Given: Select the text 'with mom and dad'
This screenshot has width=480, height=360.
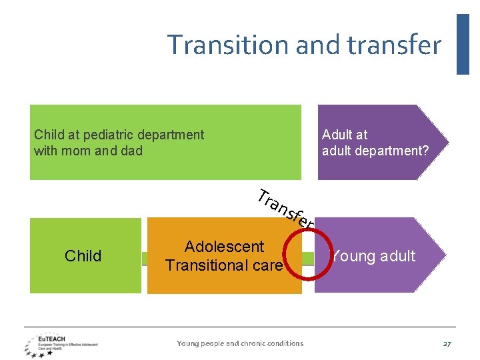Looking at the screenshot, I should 88,151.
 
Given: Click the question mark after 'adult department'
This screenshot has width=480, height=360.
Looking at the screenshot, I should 425,151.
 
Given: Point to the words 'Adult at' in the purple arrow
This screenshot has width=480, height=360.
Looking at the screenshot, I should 344,135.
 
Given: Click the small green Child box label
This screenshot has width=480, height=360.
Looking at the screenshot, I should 83,256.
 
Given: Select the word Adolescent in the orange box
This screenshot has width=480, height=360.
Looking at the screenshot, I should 224,247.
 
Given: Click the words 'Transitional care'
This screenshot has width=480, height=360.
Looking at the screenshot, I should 224,265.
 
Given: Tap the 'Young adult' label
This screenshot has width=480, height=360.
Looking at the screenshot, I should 374,256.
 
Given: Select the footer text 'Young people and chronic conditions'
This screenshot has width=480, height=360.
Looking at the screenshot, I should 239,343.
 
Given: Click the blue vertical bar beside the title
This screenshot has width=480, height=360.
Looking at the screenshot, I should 463,44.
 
